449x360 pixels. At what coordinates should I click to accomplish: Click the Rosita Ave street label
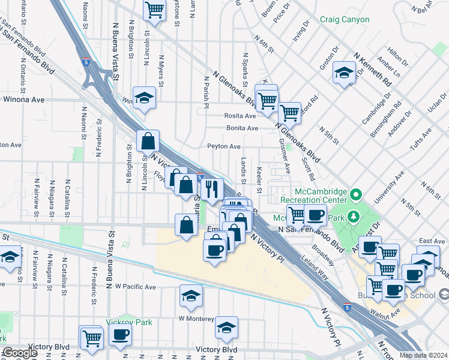(x=241, y=116)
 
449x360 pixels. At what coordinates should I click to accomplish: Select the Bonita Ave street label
(x=242, y=128)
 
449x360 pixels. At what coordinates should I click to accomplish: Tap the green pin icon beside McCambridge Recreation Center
(x=356, y=194)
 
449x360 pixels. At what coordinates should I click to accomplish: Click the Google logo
(x=20, y=353)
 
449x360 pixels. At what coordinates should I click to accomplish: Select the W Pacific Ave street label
(x=136, y=287)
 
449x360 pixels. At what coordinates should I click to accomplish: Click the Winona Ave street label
(x=25, y=100)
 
